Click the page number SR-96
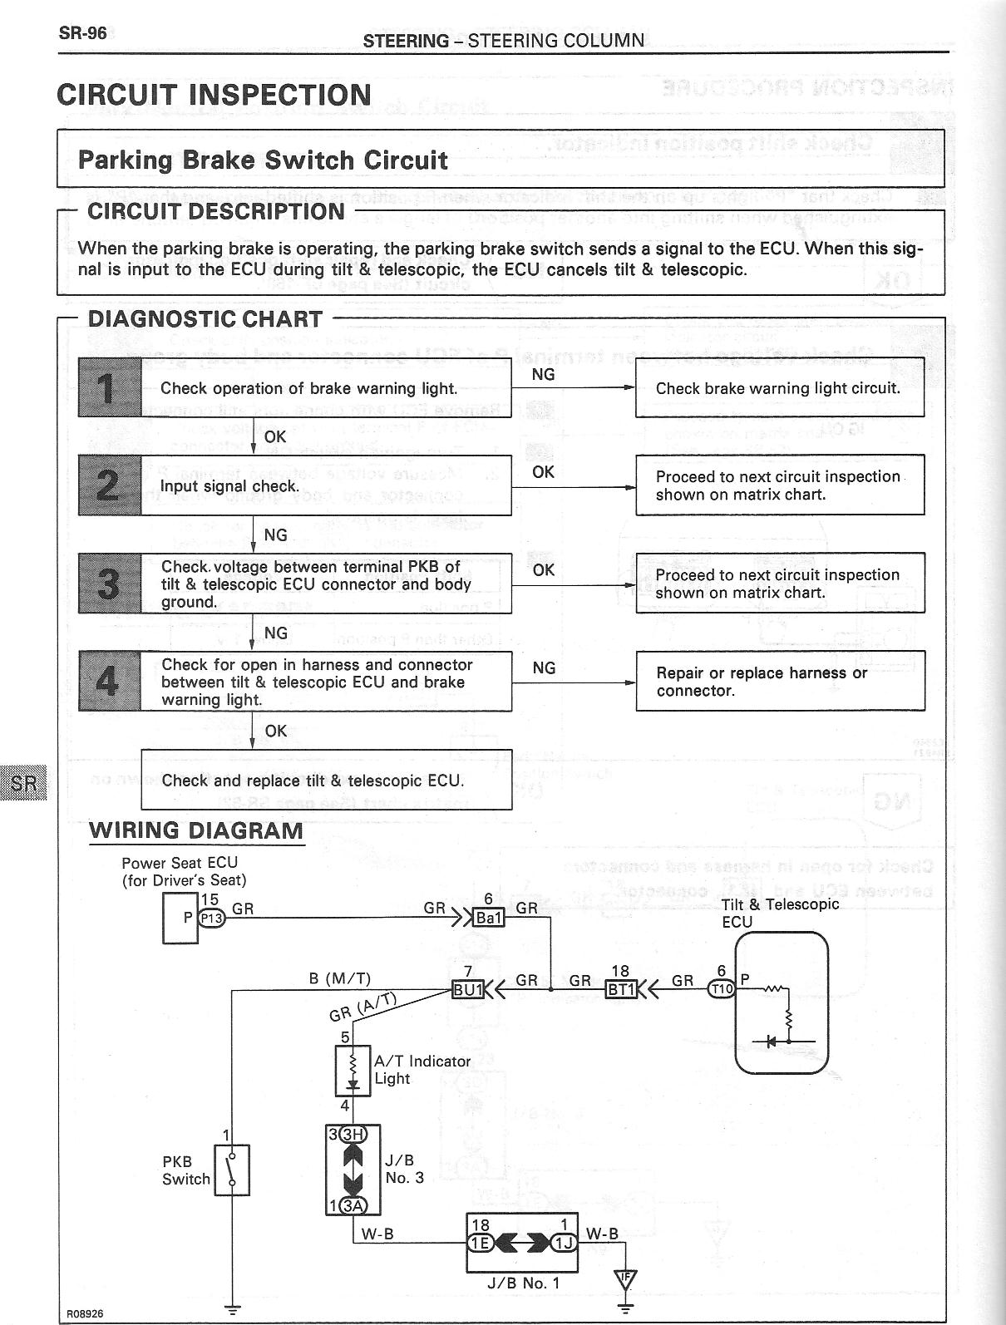(82, 34)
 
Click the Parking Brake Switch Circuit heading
(263, 160)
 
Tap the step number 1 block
(110, 387)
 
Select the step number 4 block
(109, 682)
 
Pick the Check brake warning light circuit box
(779, 388)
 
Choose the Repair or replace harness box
(779, 682)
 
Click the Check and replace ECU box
(326, 780)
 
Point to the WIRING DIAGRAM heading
(196, 830)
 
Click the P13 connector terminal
(211, 918)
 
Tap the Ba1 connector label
(488, 918)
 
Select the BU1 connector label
(467, 989)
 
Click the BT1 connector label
(621, 989)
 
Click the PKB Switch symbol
(232, 1170)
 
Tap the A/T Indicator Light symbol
(353, 1071)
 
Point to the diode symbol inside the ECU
(771, 1041)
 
